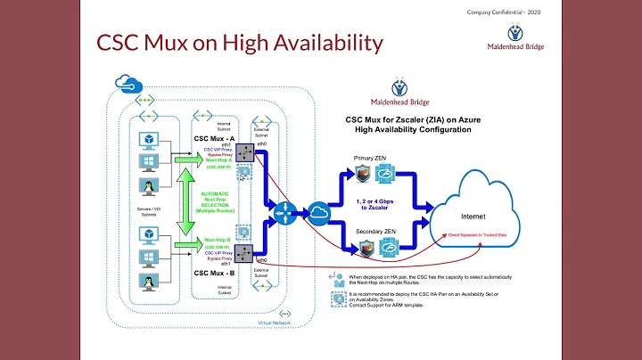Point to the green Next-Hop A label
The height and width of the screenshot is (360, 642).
[x=218, y=159]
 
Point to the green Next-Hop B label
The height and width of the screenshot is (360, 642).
[x=218, y=240]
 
